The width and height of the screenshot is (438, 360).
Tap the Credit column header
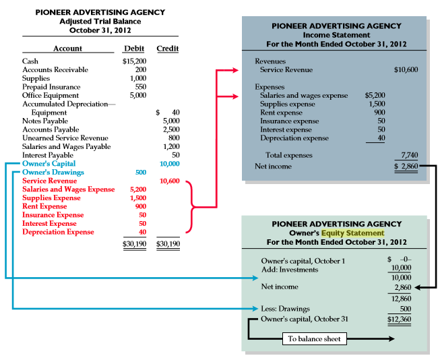click(167, 49)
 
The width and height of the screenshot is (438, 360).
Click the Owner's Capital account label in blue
click(49, 164)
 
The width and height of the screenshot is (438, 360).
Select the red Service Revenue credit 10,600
click(169, 181)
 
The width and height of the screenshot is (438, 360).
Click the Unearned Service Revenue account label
click(65, 138)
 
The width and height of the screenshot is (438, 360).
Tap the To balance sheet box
click(314, 338)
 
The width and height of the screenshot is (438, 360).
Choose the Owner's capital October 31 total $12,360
click(400, 318)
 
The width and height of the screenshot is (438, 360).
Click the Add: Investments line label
click(289, 270)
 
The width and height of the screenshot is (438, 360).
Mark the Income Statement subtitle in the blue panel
click(336, 35)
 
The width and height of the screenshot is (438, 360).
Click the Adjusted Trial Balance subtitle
click(100, 21)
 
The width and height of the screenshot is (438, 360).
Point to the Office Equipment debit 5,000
click(137, 96)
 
